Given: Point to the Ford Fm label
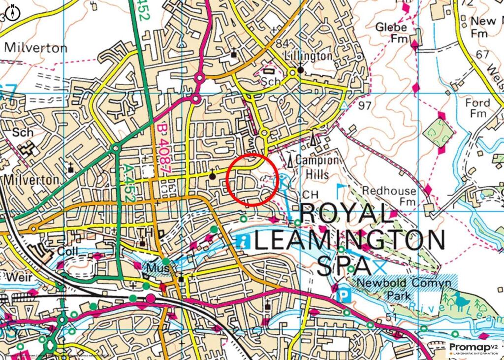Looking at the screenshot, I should [x=478, y=108].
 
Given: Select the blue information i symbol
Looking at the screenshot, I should [x=243, y=241].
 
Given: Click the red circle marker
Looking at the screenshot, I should [x=252, y=179].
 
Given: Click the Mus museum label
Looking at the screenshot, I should [x=157, y=268].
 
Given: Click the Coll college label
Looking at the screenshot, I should [x=67, y=251].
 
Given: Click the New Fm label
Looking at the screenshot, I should [x=483, y=27].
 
